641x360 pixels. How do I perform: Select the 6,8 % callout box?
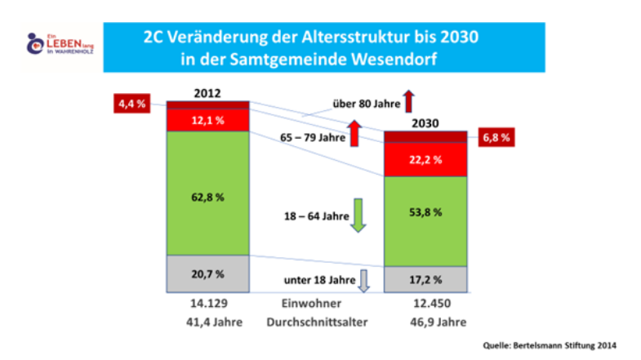[x=496, y=137]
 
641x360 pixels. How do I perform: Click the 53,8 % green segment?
[x=425, y=212]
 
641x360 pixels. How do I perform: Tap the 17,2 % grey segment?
[x=425, y=279]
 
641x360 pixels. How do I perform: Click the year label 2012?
[x=207, y=93]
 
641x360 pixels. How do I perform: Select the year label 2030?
[x=425, y=123]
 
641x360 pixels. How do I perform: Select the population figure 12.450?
[x=425, y=304]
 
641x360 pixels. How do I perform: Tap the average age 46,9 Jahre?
[x=425, y=322]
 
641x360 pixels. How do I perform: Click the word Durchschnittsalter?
[x=317, y=322]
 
